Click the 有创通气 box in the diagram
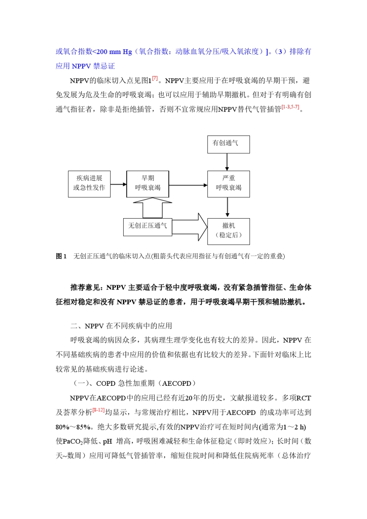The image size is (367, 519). tap(228, 144)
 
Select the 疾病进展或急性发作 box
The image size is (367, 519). tap(89, 184)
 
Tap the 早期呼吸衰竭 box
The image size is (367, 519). tap(148, 184)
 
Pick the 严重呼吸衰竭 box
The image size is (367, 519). tap(228, 184)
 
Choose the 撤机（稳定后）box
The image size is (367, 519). tap(228, 231)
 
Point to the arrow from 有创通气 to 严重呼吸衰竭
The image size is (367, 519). tap(227, 162)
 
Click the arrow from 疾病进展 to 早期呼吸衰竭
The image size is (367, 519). tap(119, 185)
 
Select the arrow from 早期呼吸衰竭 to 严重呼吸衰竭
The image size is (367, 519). tap(188, 185)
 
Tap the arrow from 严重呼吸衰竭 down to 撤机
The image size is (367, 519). tap(227, 208)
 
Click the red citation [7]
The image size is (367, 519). tap(155, 78)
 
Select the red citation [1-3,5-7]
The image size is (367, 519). tap(290, 107)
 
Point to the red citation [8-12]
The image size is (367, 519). tap(99, 410)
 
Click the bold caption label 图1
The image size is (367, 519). tap(61, 256)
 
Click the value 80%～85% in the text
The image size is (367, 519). tap(73, 427)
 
